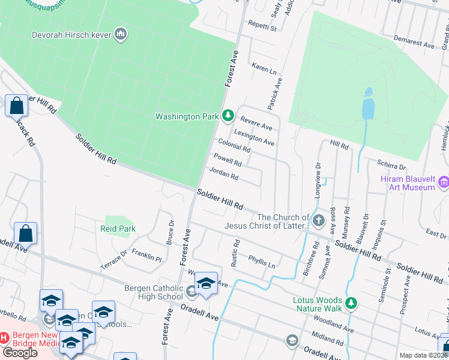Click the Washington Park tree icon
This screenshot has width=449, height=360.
tap(228, 115)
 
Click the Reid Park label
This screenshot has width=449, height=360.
tap(118, 229)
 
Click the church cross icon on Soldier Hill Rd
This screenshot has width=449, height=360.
tap(318, 221)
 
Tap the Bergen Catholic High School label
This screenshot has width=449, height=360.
tap(153, 292)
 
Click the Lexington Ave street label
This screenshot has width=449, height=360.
tap(254, 138)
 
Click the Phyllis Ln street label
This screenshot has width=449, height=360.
tap(262, 261)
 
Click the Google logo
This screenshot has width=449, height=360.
tap(20, 353)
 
